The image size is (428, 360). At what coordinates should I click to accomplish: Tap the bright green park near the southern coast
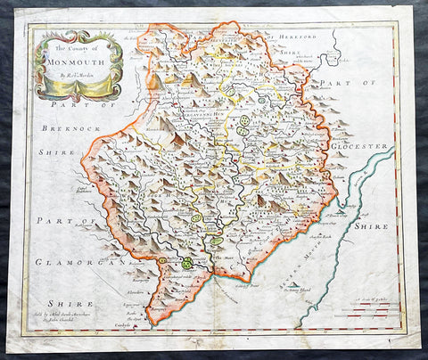(187, 263)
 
